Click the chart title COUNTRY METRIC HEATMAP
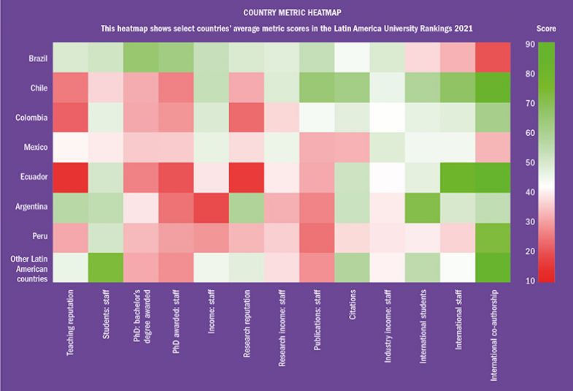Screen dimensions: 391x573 coord(286,12)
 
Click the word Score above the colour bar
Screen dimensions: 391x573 coord(546,29)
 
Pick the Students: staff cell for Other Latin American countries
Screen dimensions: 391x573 coord(107,267)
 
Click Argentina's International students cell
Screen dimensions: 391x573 coord(425,207)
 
